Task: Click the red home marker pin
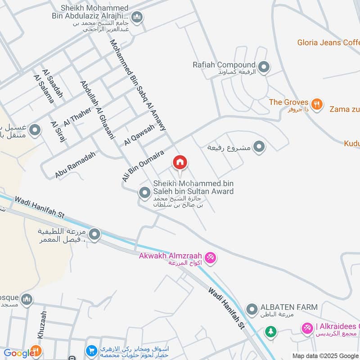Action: (180, 162)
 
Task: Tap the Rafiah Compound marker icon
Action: (264, 67)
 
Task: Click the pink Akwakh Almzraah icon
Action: (210, 258)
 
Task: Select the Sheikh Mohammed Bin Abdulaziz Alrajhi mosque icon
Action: (137, 18)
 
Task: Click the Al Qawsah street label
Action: (139, 135)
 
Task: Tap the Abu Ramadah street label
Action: (76, 164)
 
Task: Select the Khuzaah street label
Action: (42, 325)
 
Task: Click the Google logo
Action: (17, 354)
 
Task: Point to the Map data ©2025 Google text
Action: (325, 355)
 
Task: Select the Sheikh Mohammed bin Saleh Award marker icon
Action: (144, 193)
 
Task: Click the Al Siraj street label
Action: (58, 131)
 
